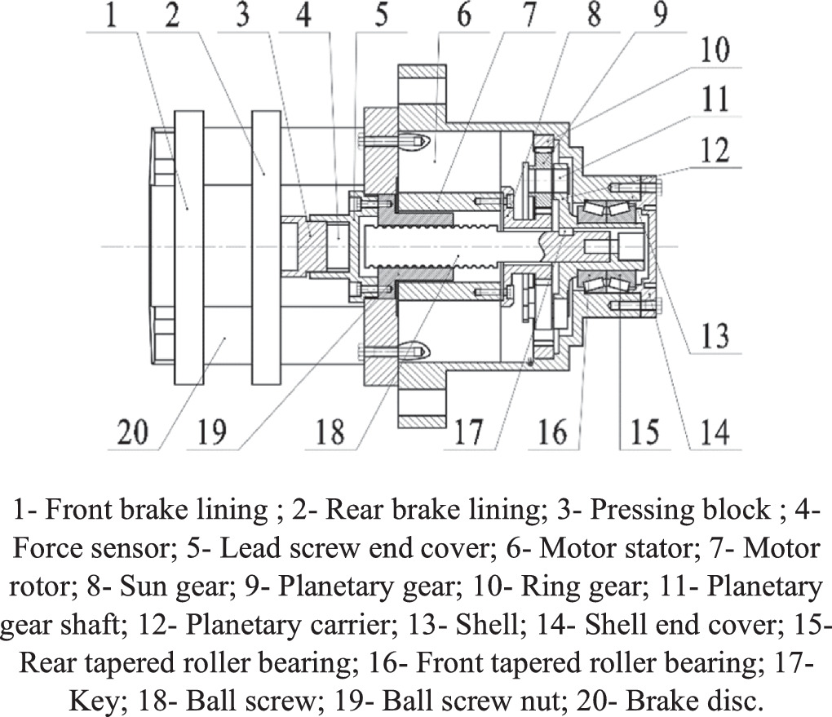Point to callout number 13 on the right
pyautogui.click(x=715, y=335)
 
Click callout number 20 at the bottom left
pyautogui.click(x=133, y=431)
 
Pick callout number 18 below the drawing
pyautogui.click(x=330, y=431)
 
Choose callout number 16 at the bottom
pyautogui.click(x=552, y=431)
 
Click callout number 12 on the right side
pyautogui.click(x=715, y=151)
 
